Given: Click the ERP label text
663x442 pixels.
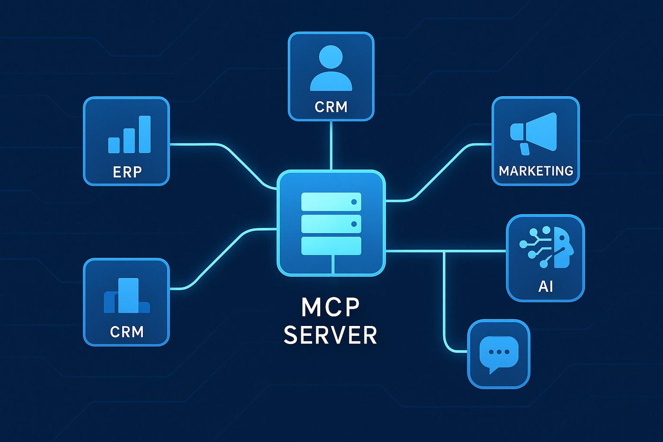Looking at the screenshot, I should (127, 171).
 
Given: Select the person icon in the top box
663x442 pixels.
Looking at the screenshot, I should (331, 68).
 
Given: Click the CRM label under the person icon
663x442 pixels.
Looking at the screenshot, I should (331, 107).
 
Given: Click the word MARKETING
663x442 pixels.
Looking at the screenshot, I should (536, 171).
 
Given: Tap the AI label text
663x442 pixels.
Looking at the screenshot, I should (546, 286).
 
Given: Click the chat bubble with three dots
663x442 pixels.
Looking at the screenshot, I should (499, 353).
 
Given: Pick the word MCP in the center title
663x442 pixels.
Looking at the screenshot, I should (331, 307).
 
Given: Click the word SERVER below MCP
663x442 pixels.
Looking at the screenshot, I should (331, 335).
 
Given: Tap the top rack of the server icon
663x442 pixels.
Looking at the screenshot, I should (331, 202).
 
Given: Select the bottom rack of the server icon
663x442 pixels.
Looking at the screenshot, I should (331, 245).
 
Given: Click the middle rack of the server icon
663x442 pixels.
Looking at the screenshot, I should (331, 224).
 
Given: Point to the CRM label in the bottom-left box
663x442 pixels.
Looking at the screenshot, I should (126, 332).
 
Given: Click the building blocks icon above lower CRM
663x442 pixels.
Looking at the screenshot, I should (126, 296).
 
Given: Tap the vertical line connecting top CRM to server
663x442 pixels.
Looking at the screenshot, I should (331, 144).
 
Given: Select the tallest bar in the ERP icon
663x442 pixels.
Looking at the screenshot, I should (144, 135).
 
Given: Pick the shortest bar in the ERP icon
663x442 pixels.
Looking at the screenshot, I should (114, 145).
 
